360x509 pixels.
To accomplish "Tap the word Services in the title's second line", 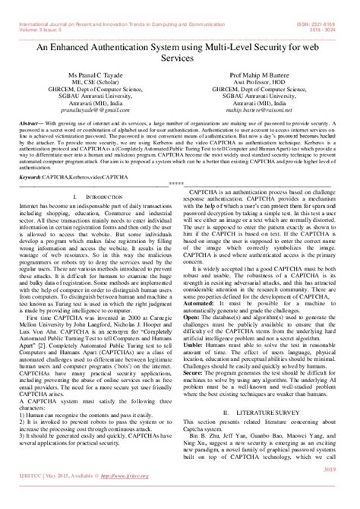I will pyautogui.click(x=180, y=58).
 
